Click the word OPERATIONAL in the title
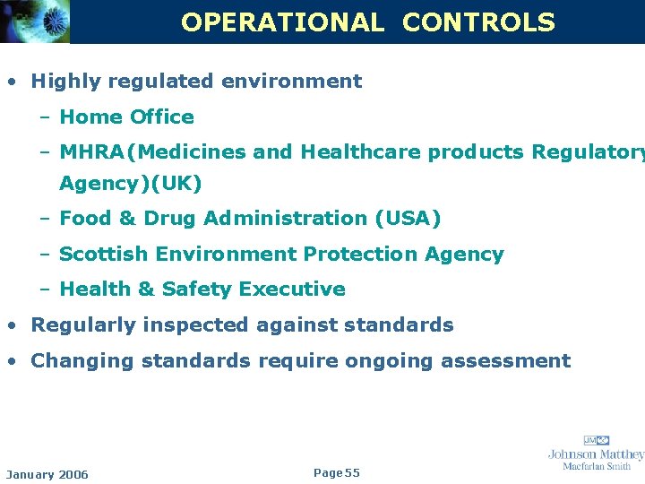282,22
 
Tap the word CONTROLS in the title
478,22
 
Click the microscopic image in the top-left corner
34,22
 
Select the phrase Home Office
126,117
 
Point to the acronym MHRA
92,152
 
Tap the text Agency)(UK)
131,184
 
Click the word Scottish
104,255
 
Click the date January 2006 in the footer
47,474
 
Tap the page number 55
351,472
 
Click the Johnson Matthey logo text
596,454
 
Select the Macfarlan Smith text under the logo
596,466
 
